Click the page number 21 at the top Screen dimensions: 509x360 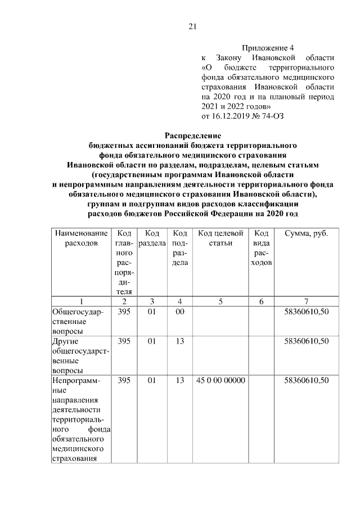click(x=192, y=25)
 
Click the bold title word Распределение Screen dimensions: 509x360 click(x=193, y=136)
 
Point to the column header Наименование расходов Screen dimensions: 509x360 click(x=80, y=238)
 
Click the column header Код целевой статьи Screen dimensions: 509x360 click(x=220, y=238)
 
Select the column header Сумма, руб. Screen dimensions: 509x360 click(x=306, y=233)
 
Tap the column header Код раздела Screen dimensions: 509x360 click(x=151, y=238)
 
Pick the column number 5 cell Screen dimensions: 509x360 click(x=220, y=301)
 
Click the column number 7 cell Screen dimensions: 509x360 click(x=306, y=301)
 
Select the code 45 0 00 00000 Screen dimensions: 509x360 click(x=220, y=381)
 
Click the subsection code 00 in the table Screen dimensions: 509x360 click(x=179, y=312)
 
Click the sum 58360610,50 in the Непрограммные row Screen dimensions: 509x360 click(x=306, y=381)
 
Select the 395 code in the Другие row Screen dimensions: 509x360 click(x=124, y=341)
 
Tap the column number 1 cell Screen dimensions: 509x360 click(x=80, y=301)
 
